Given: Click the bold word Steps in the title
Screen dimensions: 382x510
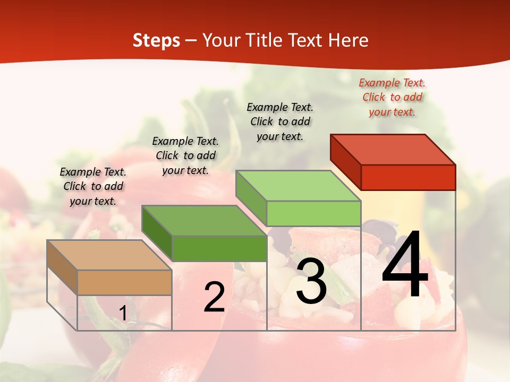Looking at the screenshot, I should tap(156, 40).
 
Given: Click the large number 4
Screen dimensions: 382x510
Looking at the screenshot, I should tap(405, 265).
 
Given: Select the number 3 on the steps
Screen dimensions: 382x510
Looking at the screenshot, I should tap(311, 282).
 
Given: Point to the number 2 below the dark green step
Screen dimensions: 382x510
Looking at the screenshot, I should tap(214, 297).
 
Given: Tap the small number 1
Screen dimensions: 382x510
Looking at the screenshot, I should tap(123, 313).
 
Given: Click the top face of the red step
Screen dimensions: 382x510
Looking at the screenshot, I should tap(393, 150).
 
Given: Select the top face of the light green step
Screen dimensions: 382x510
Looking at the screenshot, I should tap(299, 186).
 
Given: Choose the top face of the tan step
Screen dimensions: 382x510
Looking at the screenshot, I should tap(109, 255).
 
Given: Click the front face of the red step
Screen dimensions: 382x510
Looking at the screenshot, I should tap(408, 177).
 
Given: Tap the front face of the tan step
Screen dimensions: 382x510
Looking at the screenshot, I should tap(124, 282).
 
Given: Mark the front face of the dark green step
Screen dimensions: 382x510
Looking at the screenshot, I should tap(219, 248).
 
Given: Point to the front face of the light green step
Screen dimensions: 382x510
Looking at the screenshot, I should tap(313, 213).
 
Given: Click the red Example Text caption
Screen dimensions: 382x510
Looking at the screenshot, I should tap(392, 97).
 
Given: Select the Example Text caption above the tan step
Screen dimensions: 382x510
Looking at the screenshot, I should tap(93, 186).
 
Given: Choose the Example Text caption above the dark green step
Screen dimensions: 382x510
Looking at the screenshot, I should tap(185, 155).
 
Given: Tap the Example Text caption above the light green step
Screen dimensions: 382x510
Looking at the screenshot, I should tap(280, 121).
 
